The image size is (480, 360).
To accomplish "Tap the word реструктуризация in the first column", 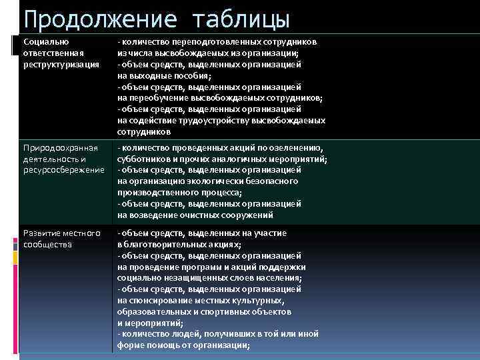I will tap(61, 64).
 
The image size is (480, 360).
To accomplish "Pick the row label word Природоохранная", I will tap(61, 147).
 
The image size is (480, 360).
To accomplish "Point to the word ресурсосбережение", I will tap(64, 170).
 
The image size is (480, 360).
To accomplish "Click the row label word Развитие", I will tap(41, 233).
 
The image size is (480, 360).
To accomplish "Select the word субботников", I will tap(143, 159).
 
